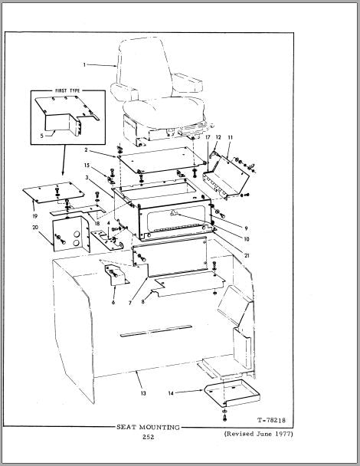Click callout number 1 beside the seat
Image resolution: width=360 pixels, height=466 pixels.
click(84, 64)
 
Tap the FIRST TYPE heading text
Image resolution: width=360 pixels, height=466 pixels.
click(67, 90)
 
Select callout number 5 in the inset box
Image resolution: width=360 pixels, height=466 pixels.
click(42, 136)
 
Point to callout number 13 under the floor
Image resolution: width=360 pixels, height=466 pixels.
click(143, 393)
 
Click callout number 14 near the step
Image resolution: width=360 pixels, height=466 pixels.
click(171, 393)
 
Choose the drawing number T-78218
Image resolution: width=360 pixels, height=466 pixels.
click(271, 420)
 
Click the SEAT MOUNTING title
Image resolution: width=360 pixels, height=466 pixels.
click(148, 428)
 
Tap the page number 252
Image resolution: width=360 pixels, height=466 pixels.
click(149, 437)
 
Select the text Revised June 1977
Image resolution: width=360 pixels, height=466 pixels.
click(258, 434)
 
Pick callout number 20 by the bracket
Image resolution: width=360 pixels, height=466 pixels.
click(35, 228)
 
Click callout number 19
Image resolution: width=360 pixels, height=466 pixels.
click(35, 216)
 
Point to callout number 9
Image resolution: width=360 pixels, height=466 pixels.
click(246, 228)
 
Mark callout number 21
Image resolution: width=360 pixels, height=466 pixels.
click(247, 255)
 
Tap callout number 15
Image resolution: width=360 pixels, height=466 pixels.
click(87, 166)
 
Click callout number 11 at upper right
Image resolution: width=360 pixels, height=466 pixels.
click(231, 137)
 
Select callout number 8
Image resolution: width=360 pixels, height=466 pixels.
click(143, 302)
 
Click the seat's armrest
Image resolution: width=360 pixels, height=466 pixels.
click(187, 81)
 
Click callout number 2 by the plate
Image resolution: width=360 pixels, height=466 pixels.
click(86, 149)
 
